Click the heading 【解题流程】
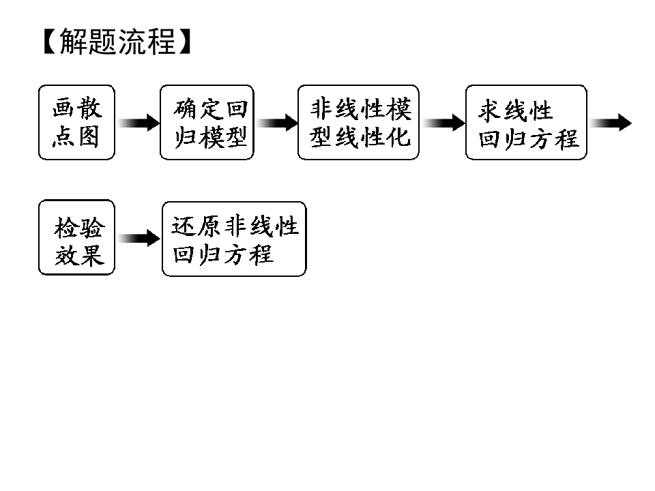click(117, 42)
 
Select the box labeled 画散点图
click(76, 122)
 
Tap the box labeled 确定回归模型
click(207, 122)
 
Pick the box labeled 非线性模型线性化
click(358, 122)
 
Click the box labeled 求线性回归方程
click(526, 122)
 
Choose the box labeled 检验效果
click(76, 237)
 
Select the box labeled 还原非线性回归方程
click(234, 239)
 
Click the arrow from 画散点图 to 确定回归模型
click(139, 123)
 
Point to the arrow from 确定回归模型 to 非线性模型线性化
click(277, 123)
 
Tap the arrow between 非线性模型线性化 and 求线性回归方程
click(443, 123)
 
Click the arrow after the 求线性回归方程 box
click(611, 123)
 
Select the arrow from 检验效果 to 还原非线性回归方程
click(139, 238)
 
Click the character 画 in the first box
click(63, 108)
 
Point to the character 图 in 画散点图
click(89, 136)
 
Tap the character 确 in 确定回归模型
click(185, 109)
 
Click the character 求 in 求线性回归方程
click(490, 110)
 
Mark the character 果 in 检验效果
click(92, 254)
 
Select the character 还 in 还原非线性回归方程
click(184, 226)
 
